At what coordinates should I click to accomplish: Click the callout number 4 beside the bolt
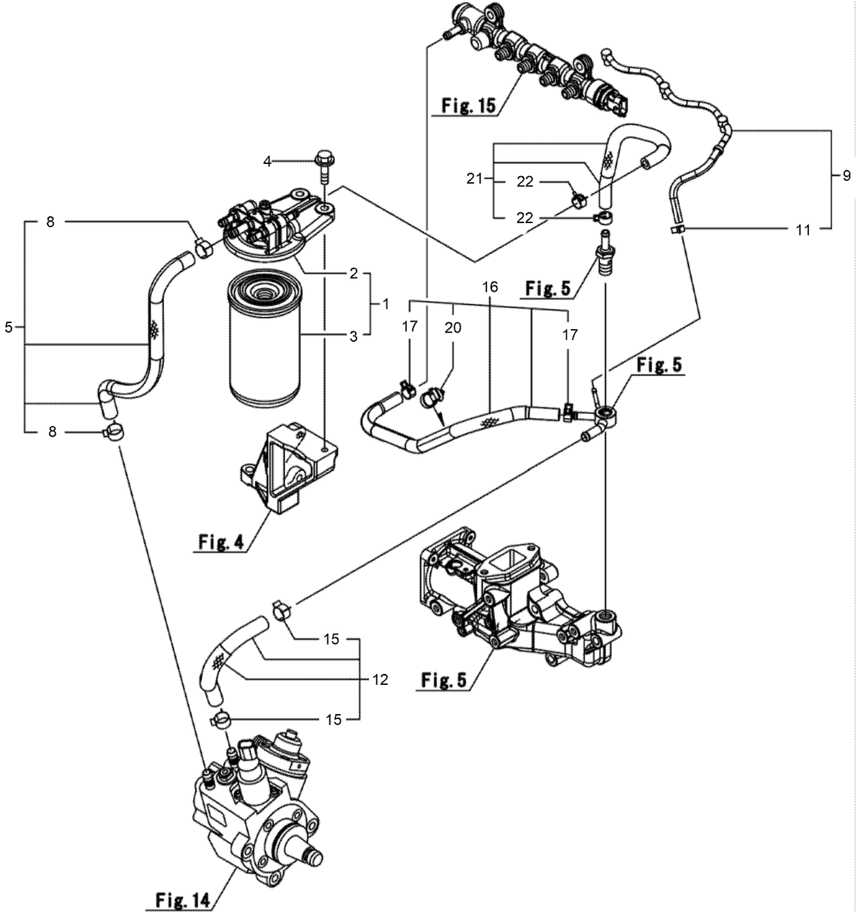tap(267, 161)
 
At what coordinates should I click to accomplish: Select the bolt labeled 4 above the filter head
tap(323, 167)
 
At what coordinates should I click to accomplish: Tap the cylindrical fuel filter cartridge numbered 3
tap(262, 337)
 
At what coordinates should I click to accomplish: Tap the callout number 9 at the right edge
tap(846, 175)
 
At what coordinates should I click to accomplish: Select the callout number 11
tap(804, 230)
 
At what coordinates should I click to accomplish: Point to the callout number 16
tap(490, 288)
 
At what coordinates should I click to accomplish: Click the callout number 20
tap(452, 328)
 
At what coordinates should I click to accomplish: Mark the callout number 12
tap(380, 679)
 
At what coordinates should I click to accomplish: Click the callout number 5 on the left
tap(8, 327)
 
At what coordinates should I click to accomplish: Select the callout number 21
tap(474, 179)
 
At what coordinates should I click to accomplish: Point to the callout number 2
tap(354, 273)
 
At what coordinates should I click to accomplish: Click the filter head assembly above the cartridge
tap(272, 224)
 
